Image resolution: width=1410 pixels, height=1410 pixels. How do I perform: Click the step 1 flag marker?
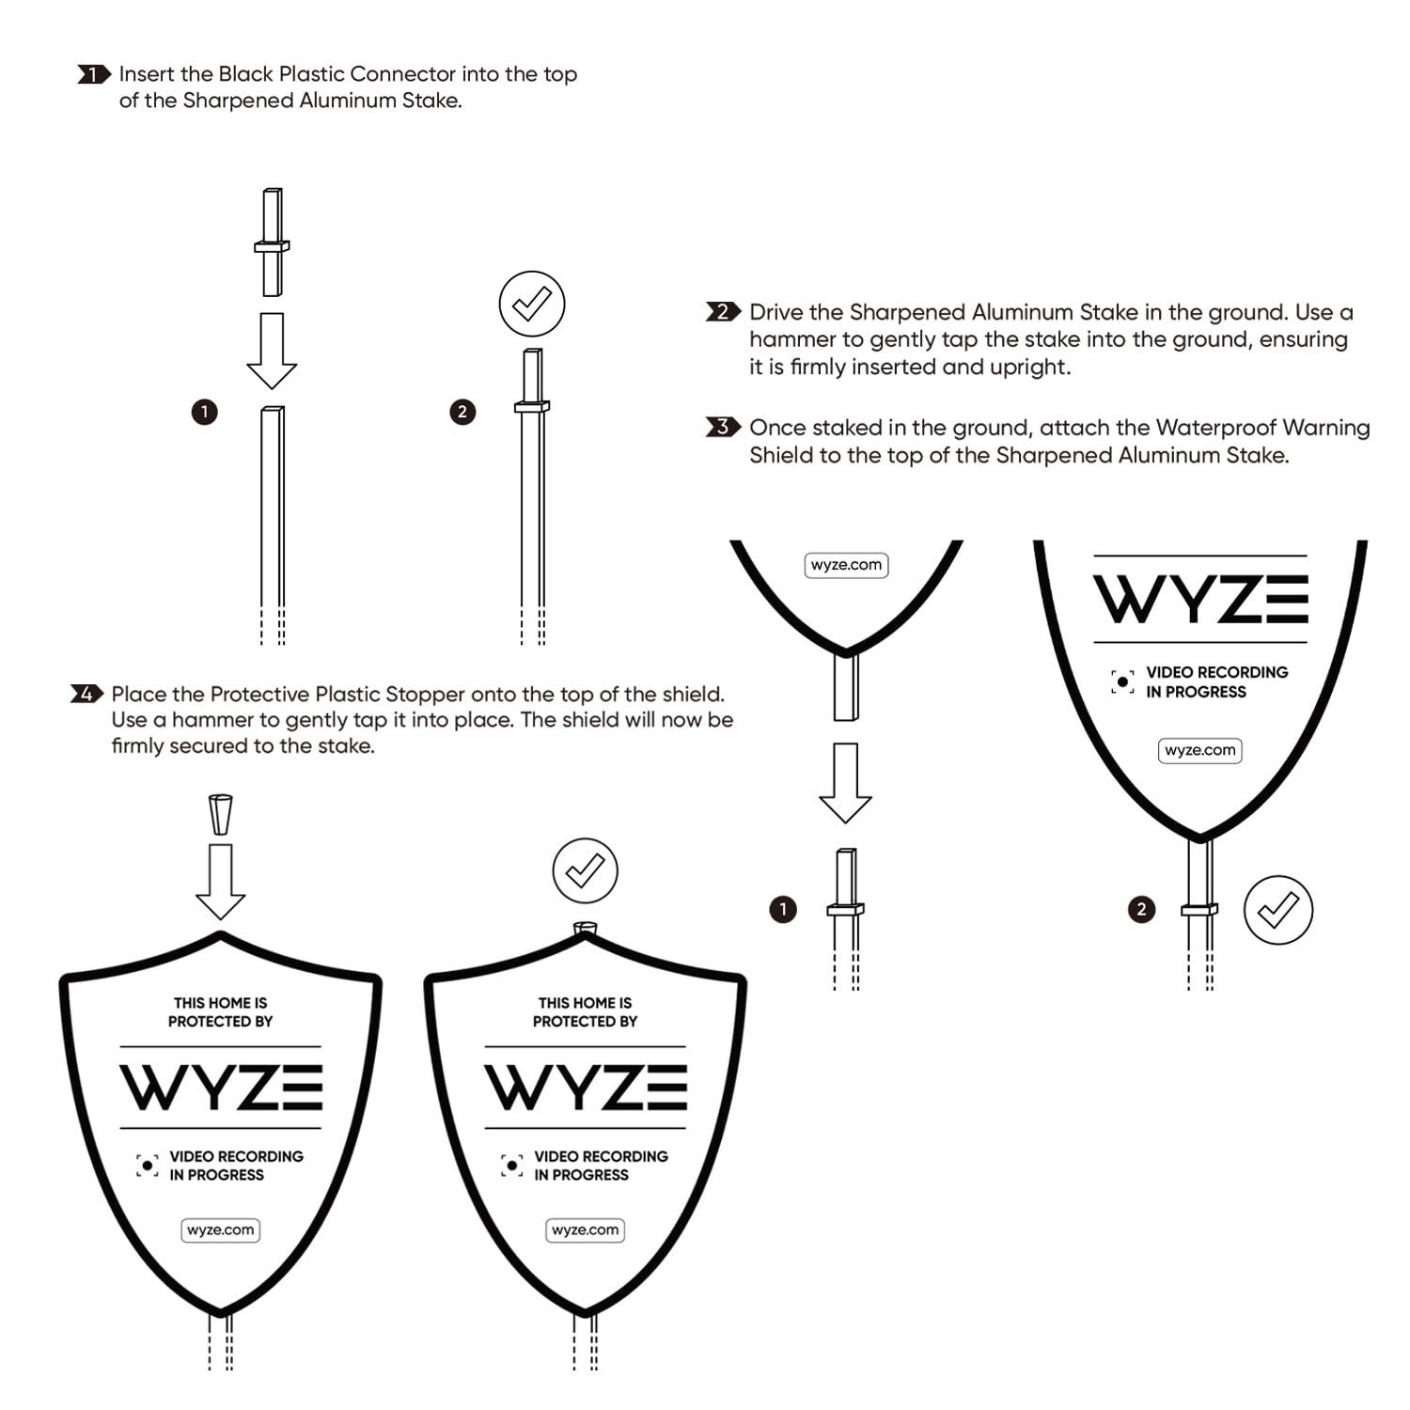tap(94, 74)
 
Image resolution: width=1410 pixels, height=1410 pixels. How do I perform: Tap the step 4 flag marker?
tap(86, 695)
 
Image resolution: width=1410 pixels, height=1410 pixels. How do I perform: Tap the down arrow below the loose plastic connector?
tap(272, 351)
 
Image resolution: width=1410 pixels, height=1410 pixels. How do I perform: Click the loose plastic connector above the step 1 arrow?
tap(272, 243)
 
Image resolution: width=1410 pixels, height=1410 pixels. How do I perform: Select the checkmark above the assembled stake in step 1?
tap(532, 304)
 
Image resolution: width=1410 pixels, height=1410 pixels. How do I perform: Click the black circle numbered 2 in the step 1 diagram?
tap(462, 412)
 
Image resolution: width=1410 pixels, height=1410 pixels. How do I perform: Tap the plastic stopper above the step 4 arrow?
tap(221, 815)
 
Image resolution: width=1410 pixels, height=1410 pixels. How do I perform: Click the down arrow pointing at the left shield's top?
tap(221, 882)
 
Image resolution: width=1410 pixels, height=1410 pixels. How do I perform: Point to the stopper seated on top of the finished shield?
tap(585, 928)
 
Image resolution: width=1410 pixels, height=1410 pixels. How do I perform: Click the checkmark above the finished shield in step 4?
tap(585, 871)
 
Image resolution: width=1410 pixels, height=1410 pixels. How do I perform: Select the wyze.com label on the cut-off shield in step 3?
tap(847, 565)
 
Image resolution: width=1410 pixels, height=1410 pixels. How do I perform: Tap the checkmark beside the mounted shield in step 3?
tap(1277, 910)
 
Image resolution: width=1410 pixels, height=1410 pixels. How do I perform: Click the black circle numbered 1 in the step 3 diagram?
tap(782, 909)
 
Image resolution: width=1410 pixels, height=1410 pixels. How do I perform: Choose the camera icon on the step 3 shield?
tap(1122, 681)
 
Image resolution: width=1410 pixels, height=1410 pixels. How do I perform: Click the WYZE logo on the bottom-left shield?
tap(221, 1088)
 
